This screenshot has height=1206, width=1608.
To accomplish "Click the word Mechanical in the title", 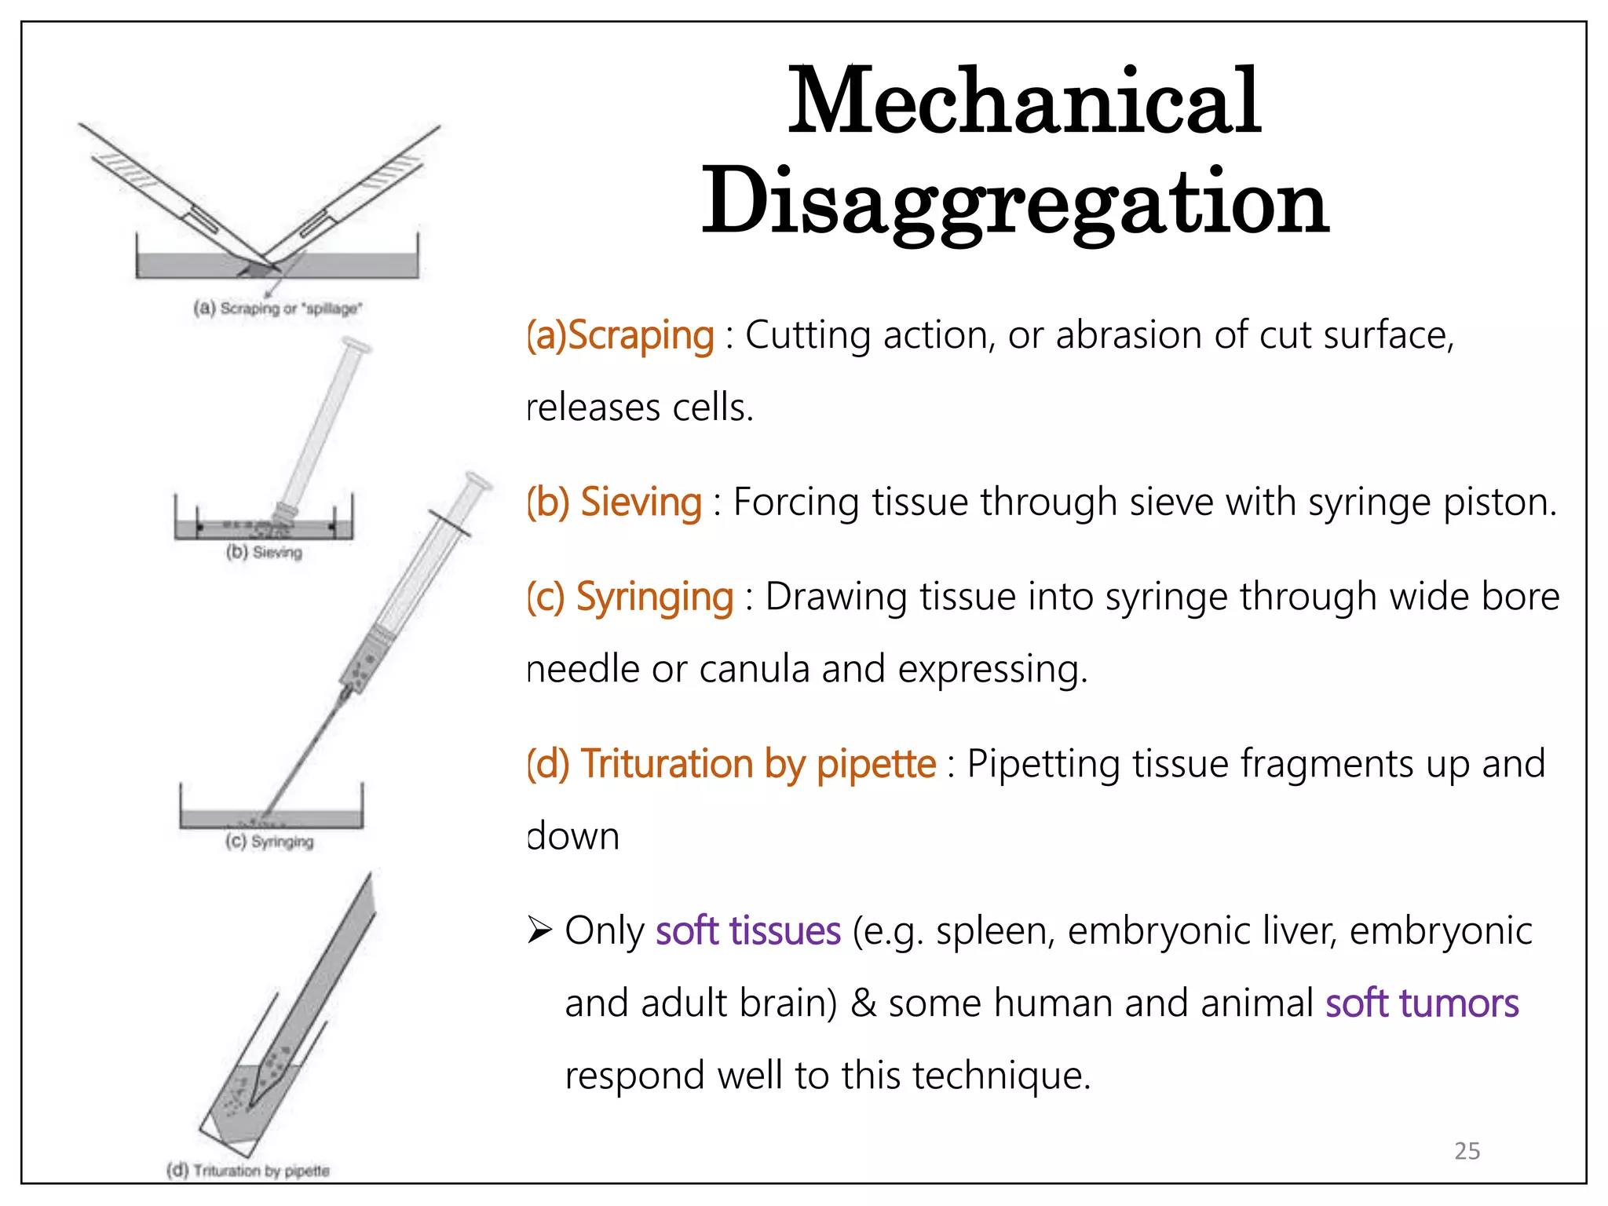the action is [1025, 102].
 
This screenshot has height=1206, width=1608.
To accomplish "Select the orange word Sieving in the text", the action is [641, 502].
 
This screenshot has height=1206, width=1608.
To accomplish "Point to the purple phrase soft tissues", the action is [748, 930].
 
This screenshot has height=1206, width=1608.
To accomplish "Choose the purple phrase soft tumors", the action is [1422, 1003].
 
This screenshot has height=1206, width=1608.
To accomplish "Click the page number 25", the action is [1467, 1151].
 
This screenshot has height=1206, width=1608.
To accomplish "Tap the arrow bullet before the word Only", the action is [540, 931].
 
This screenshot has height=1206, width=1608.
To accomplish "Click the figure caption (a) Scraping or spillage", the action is [278, 308].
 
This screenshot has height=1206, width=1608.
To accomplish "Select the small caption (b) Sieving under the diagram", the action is [264, 552].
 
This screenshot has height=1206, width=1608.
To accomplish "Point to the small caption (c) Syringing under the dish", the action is [269, 842].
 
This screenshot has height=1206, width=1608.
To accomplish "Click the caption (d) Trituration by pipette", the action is [248, 1171].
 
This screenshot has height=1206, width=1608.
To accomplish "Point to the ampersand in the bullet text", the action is [864, 1003].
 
